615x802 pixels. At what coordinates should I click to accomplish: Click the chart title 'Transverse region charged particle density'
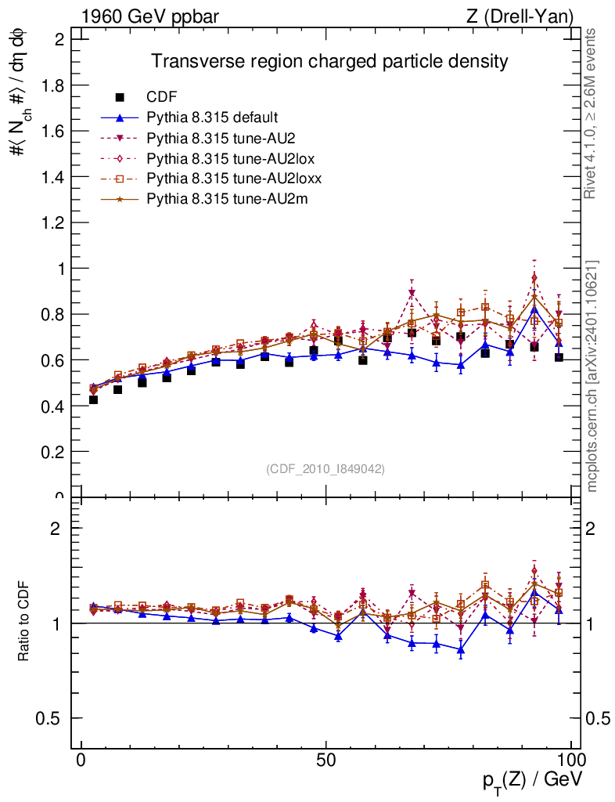[x=329, y=61]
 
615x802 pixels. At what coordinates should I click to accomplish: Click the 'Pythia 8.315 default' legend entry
[x=212, y=117]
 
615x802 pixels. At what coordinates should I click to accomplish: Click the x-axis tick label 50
[x=326, y=760]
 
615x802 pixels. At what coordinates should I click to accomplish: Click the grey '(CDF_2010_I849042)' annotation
[x=325, y=468]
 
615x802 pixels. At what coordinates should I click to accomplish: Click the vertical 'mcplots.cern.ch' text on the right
[x=592, y=376]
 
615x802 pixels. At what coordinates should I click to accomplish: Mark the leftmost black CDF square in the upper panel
[x=93, y=399]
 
